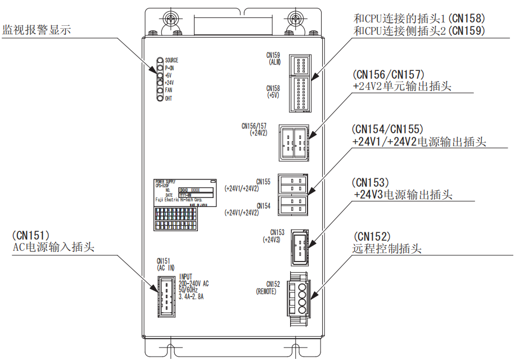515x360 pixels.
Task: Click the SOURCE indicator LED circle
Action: point(160,60)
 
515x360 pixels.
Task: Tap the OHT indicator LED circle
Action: point(160,98)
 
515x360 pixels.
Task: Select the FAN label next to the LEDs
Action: point(169,91)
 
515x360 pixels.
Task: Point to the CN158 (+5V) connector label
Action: point(273,92)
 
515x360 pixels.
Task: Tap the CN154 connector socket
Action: point(293,205)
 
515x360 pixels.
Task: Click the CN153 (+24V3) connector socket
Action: point(299,245)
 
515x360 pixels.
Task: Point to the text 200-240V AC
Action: point(194,283)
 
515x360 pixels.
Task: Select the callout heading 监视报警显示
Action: point(37,29)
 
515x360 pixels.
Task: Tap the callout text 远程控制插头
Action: point(387,249)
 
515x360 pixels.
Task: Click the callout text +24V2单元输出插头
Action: point(403,87)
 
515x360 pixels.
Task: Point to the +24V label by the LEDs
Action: point(169,83)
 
